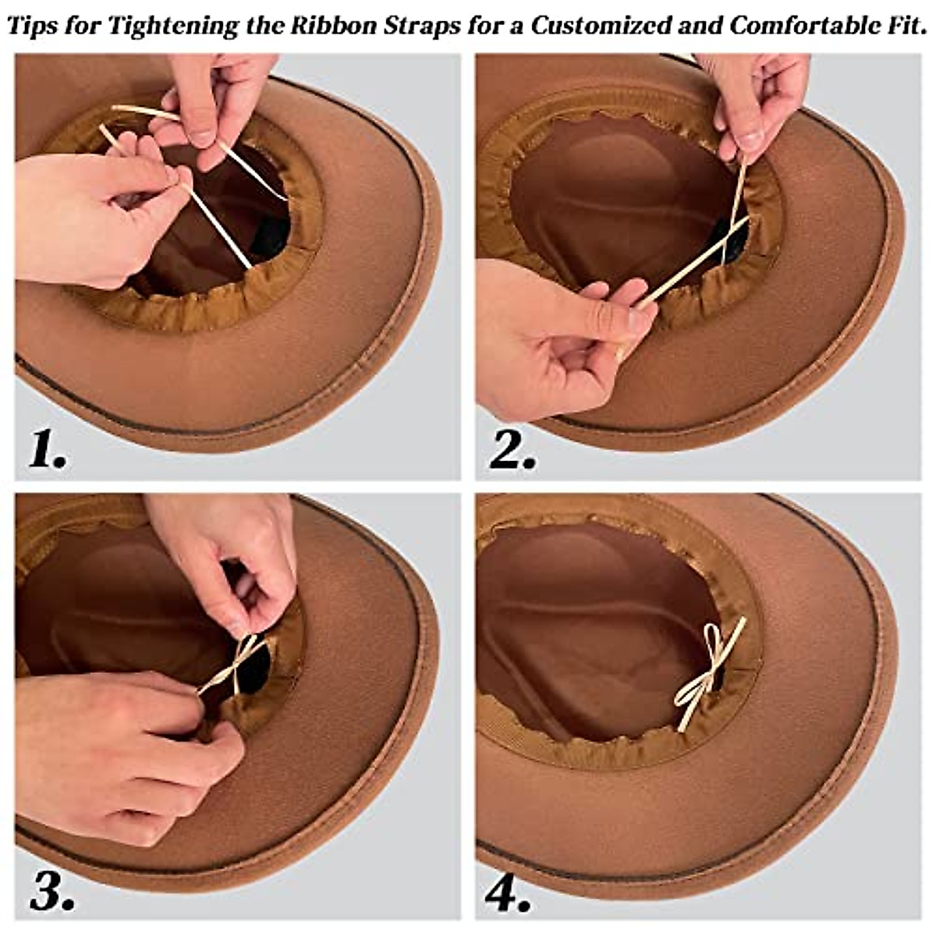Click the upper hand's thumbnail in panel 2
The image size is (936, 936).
(750, 140)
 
